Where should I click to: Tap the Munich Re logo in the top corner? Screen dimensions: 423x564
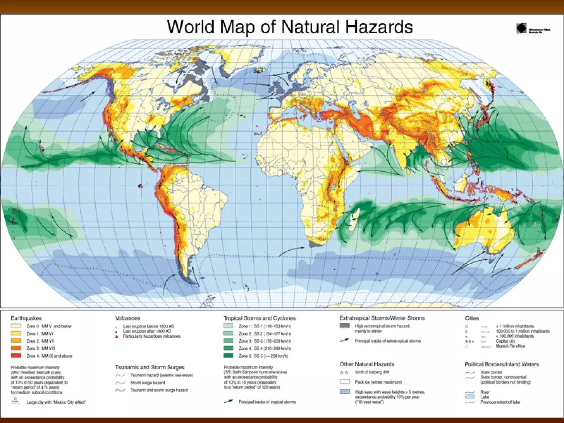pos(521,29)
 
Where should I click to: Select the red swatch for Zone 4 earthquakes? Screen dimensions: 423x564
pos(16,356)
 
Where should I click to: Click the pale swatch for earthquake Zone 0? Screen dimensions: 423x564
pos(16,326)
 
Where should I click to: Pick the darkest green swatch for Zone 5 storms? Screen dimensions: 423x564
pos(229,356)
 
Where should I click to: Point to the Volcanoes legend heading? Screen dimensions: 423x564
pos(128,318)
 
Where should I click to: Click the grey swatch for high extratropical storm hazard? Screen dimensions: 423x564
pos(345,326)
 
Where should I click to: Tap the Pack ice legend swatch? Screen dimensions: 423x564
pos(345,382)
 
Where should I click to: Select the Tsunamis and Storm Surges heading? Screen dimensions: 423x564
pos(150,367)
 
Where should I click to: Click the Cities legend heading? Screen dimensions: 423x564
pos(472,318)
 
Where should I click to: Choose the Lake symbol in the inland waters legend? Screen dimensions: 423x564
pos(470,397)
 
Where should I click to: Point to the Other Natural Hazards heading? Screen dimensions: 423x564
pos(367,364)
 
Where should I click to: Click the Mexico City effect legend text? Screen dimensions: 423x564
pos(56,402)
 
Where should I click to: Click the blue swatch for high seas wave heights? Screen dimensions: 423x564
pos(345,392)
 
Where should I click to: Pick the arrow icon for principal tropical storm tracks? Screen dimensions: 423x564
pos(229,402)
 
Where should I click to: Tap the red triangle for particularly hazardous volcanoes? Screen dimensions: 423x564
pos(117,337)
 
